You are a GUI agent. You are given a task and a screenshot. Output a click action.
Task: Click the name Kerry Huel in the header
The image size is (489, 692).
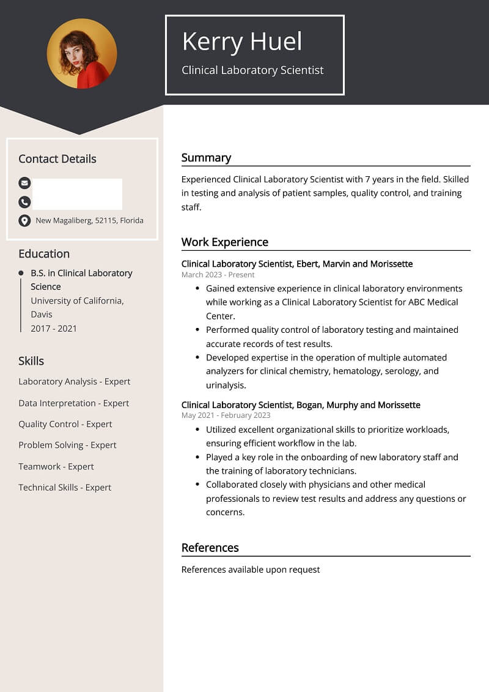click(x=242, y=42)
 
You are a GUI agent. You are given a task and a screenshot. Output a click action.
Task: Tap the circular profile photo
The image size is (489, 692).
click(x=82, y=54)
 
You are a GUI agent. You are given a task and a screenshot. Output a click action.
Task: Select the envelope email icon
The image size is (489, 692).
click(x=24, y=182)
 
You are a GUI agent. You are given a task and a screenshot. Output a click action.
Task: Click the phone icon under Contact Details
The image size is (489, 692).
click(x=24, y=201)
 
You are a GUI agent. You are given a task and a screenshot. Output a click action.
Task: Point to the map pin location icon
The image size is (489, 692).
click(x=24, y=220)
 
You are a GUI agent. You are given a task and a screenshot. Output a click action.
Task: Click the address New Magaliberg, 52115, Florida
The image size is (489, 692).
click(x=89, y=220)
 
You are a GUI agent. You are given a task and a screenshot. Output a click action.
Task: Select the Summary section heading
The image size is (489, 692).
click(x=206, y=158)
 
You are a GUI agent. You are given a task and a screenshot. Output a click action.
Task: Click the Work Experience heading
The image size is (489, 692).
click(x=224, y=242)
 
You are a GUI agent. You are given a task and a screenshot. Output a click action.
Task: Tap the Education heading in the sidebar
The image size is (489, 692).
click(x=44, y=254)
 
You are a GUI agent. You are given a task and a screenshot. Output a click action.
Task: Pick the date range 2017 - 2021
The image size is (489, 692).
click(x=54, y=329)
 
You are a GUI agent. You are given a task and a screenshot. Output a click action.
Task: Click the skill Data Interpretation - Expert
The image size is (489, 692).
click(x=73, y=403)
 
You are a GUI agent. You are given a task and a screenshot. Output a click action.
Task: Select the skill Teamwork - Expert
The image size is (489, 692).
click(x=56, y=466)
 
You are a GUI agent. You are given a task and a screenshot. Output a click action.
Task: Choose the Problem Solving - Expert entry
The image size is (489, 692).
click(x=67, y=445)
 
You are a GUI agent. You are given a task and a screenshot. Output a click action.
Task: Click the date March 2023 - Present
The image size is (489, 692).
click(x=218, y=275)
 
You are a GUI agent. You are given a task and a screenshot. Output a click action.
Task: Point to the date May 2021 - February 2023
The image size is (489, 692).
click(x=226, y=415)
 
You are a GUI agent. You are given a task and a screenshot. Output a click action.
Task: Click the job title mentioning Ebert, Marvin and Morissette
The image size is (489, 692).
click(x=297, y=264)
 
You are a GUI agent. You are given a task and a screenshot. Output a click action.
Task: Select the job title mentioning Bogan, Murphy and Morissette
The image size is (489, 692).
click(x=301, y=405)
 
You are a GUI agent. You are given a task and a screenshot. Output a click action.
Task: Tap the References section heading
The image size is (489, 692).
click(x=210, y=548)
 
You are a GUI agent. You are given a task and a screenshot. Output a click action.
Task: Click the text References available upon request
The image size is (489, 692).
click(x=251, y=570)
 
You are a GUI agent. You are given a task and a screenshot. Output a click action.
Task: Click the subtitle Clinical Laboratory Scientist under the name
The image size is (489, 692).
click(x=252, y=70)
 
